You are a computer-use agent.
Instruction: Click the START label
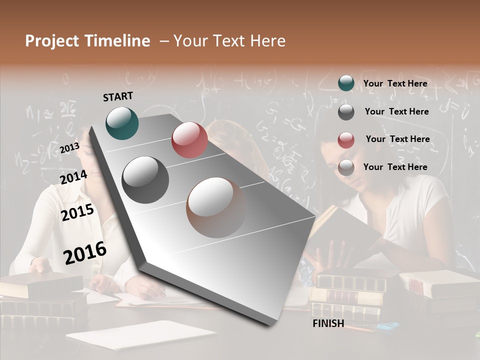(118, 96)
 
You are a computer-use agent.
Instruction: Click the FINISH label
(328, 323)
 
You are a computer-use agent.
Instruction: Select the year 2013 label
(69, 148)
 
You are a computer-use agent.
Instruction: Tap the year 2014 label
(74, 177)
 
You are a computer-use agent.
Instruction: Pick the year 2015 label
(77, 212)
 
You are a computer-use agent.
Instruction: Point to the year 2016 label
(85, 253)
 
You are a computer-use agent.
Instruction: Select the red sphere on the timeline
(189, 140)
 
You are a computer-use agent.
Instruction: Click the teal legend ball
(346, 83)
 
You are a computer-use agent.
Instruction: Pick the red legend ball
(346, 140)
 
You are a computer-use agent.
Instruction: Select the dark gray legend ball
(346, 112)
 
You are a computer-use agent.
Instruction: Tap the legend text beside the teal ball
(395, 83)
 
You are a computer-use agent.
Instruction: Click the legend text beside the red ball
(398, 139)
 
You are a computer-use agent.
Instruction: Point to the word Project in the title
(52, 41)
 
